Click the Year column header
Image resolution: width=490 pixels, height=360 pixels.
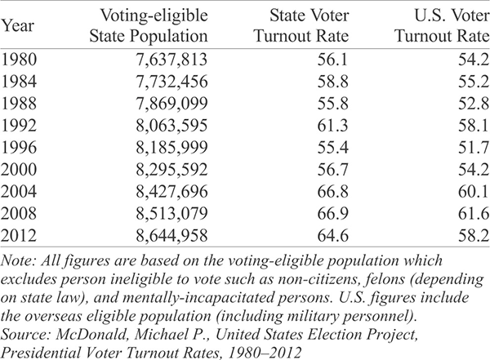[x=17, y=26]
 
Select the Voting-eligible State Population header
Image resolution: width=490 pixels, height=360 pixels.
[x=149, y=25]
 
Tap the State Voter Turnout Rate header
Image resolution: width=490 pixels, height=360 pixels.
[x=301, y=25]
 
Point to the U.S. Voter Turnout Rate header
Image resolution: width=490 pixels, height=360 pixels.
[x=442, y=25]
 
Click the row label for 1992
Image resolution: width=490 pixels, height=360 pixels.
[x=19, y=126]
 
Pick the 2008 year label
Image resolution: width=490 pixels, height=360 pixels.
[x=19, y=213]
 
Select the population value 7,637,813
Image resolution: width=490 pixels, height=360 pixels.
[x=171, y=60]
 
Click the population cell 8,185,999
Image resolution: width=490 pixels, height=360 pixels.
[x=171, y=148]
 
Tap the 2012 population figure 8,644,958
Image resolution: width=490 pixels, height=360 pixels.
[x=171, y=235]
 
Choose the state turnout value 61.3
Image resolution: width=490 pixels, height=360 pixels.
[x=333, y=126]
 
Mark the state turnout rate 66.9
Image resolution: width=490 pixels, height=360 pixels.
[x=333, y=213]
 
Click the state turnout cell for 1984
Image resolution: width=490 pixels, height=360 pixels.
[x=333, y=82]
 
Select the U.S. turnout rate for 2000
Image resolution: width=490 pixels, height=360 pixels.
[x=474, y=169]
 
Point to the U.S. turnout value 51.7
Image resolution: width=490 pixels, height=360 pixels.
[x=474, y=148]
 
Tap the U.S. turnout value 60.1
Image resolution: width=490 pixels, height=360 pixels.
[x=474, y=191]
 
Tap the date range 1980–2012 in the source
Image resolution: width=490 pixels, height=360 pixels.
[x=265, y=353]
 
